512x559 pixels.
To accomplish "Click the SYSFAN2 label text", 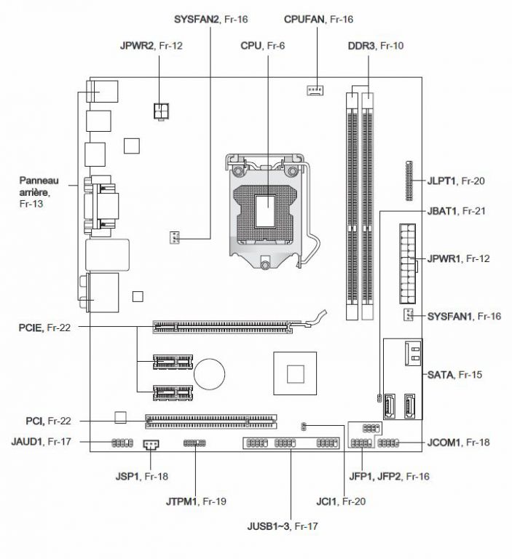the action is click(196, 19).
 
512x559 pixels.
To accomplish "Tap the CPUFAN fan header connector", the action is click(315, 90).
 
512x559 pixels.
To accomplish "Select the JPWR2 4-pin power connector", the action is click(161, 111).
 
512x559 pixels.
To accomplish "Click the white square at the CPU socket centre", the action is click(265, 210).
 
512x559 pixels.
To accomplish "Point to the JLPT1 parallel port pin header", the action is click(409, 181).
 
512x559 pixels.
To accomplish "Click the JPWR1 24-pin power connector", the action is click(407, 263).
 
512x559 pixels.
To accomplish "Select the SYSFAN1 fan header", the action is click(408, 314).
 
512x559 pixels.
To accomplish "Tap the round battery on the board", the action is click(210, 374).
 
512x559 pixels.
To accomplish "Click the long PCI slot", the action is click(211, 421).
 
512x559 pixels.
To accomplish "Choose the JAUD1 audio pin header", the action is click(122, 443).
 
